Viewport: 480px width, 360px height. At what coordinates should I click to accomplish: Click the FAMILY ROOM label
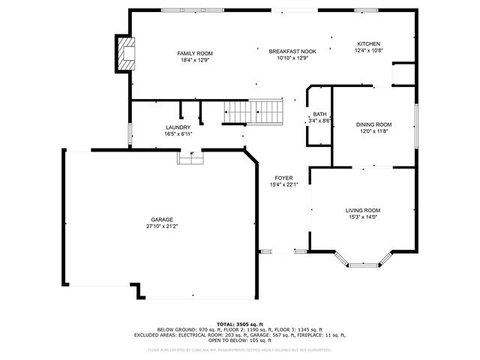(x=195, y=53)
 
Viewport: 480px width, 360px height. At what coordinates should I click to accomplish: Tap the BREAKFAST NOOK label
(x=292, y=51)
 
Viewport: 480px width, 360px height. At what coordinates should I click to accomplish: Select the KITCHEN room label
(x=368, y=44)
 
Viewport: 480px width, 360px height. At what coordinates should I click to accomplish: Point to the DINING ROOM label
(x=373, y=124)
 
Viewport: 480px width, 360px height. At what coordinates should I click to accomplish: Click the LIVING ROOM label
(x=363, y=210)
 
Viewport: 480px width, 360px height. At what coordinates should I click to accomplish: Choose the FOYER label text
(x=284, y=178)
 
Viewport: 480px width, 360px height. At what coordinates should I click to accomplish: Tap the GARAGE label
(x=162, y=218)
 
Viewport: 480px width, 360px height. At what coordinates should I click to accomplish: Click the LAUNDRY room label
(x=178, y=127)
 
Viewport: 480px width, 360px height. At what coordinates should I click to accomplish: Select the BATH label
(x=319, y=114)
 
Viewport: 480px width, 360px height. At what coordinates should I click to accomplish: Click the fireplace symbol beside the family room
(x=125, y=54)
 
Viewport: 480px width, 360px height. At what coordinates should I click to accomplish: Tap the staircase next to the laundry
(x=253, y=112)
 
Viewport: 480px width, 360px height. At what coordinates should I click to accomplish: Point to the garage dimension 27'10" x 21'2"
(x=162, y=226)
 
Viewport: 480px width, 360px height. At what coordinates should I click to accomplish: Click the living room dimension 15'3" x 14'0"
(x=363, y=217)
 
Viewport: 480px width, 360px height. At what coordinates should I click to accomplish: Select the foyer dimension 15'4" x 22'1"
(x=284, y=184)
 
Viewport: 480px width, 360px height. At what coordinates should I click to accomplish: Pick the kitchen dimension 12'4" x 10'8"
(x=368, y=51)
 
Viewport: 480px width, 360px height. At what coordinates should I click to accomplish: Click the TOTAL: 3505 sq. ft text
(x=240, y=323)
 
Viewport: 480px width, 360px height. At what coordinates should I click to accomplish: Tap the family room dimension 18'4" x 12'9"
(x=195, y=60)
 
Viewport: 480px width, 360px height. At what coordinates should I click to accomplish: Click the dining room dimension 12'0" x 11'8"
(x=373, y=131)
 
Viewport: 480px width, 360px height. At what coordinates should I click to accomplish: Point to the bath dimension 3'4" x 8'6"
(x=319, y=121)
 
